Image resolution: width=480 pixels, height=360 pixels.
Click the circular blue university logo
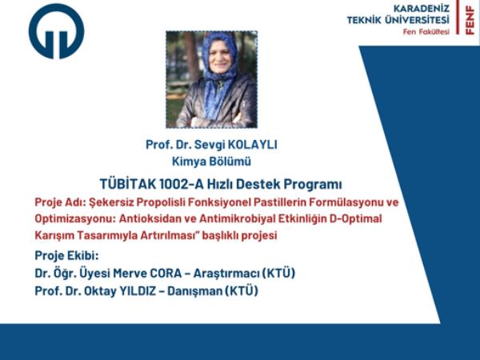tap(56, 31)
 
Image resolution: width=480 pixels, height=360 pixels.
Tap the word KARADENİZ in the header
tap(422, 8)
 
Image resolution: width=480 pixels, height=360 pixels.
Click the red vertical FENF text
tap(470, 20)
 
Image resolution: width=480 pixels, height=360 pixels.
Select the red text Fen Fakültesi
tap(426, 32)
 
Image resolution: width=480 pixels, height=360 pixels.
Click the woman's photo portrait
tap(211, 79)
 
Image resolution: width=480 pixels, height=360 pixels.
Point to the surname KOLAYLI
tap(253, 145)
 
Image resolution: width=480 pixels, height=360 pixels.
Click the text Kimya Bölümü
tap(211, 162)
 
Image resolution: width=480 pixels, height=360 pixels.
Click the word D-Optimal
tap(355, 219)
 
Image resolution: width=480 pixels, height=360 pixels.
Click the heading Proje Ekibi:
tap(66, 256)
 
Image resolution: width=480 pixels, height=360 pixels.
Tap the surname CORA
tap(166, 273)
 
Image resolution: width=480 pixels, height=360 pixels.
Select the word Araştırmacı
tap(226, 274)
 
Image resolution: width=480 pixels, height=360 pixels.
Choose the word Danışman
tap(194, 291)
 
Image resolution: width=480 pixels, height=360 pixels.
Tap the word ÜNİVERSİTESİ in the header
tap(417, 20)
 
